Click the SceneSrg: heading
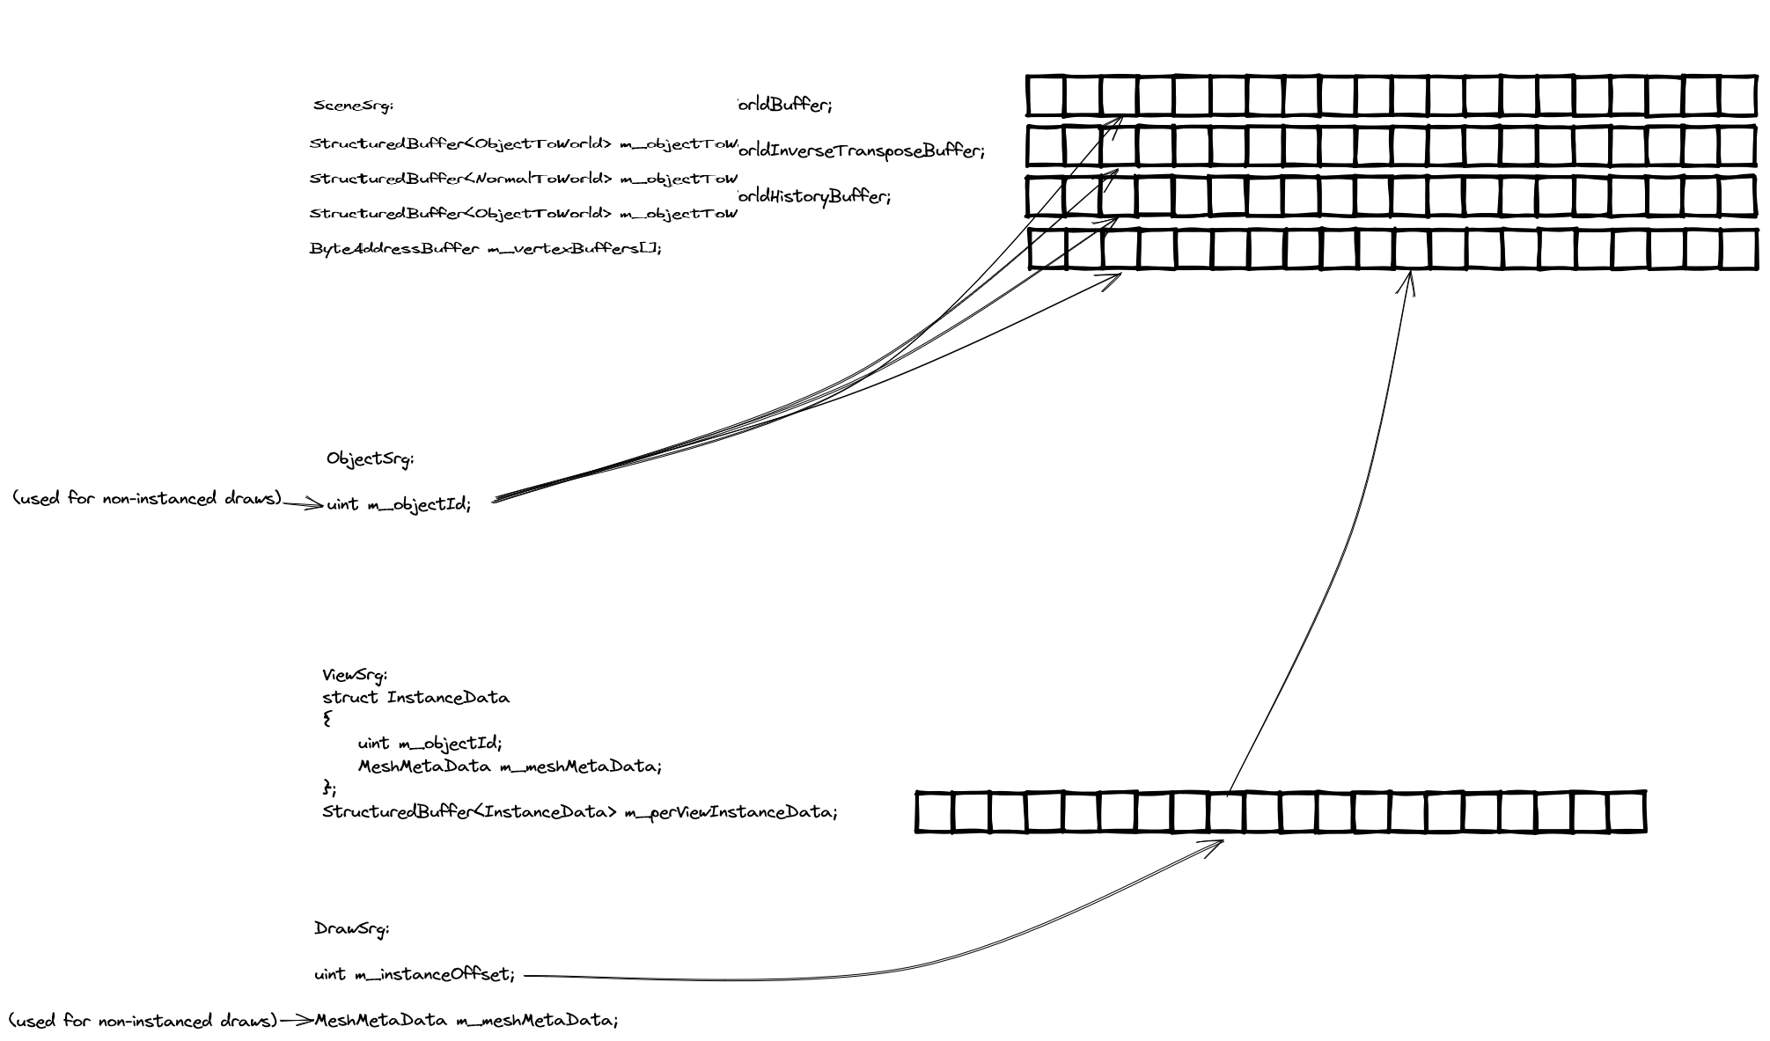tap(353, 106)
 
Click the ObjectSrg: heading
tap(370, 458)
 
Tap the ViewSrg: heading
tap(355, 676)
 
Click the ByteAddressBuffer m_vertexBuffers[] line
tap(485, 248)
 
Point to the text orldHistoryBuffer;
tap(813, 196)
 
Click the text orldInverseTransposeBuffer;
tap(860, 150)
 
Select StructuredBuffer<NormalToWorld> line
tap(523, 179)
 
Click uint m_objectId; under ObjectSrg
tap(399, 504)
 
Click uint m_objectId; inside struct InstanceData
tap(430, 744)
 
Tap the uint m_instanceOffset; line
tap(415, 974)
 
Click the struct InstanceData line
tap(415, 698)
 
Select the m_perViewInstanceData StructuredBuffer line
tap(579, 811)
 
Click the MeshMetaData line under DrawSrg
tap(466, 1021)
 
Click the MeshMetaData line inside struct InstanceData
tap(510, 766)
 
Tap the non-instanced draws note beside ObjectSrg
tap(147, 499)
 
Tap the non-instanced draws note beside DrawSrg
tap(143, 1021)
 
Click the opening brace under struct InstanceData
tap(327, 719)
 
